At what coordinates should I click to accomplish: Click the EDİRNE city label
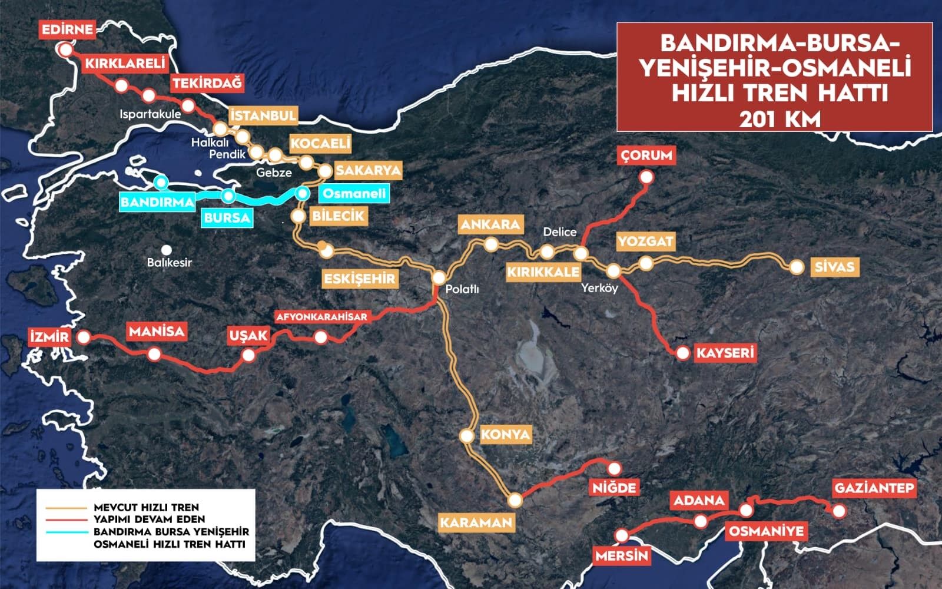[x=68, y=29]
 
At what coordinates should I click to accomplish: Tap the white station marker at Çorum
[x=646, y=177]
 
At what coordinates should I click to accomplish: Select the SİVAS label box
[x=834, y=267]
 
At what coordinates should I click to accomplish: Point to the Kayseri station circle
[x=682, y=353]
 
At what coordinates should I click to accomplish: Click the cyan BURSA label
[x=227, y=218]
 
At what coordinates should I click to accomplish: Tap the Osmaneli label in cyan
[x=354, y=193]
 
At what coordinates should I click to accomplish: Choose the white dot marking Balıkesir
[x=167, y=250]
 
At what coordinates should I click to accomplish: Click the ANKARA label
[x=490, y=224]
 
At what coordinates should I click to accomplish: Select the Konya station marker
[x=466, y=436]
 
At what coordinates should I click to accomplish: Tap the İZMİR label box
[x=49, y=337]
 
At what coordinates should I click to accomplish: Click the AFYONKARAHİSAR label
[x=322, y=317]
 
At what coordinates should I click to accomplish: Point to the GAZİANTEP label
[x=874, y=488]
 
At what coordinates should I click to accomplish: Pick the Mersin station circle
[x=622, y=535]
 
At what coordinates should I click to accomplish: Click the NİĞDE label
[x=613, y=488]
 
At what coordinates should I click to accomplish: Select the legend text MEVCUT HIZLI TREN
[x=146, y=507]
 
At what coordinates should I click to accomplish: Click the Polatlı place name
[x=462, y=289]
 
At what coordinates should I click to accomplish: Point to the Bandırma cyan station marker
[x=160, y=183]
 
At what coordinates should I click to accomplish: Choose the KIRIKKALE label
[x=543, y=272]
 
